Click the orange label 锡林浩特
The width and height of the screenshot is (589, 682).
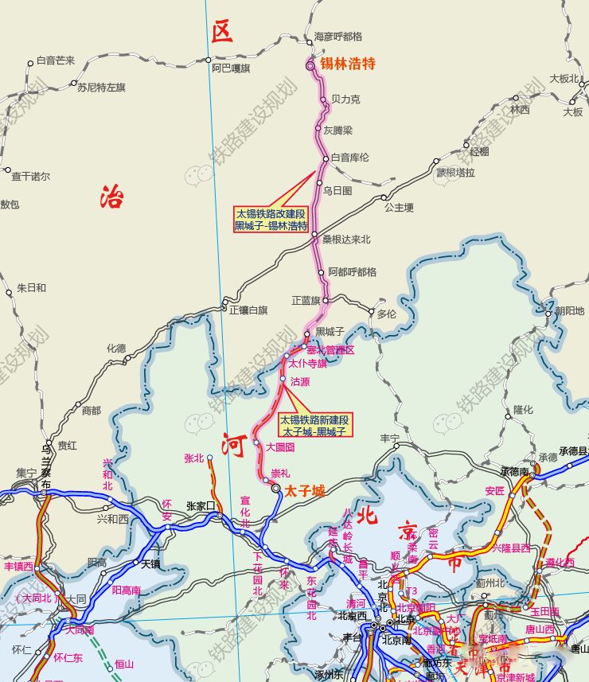point(347,64)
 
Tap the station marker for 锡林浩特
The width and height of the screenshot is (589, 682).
point(311,67)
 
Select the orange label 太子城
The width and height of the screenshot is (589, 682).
point(305,491)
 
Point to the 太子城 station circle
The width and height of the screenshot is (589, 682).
point(275,489)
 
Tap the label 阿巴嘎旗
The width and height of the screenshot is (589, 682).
point(231,69)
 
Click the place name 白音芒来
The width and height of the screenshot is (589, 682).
point(56,60)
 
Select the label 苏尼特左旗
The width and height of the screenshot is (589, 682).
point(101,88)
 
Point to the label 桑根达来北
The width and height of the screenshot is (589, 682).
point(345,240)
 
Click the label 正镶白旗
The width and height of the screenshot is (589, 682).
point(248,310)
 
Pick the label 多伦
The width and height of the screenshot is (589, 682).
point(386,314)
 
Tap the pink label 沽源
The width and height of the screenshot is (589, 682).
point(300,382)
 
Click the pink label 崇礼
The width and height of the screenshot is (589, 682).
point(280,474)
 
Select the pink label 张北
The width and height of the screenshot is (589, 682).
point(193,458)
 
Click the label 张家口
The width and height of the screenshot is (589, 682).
point(201,506)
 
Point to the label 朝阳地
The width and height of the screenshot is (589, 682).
point(569,311)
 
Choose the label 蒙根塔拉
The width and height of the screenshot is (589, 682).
point(455,173)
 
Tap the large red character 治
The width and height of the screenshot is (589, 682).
point(112,196)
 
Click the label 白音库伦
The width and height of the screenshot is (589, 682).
point(350,158)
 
